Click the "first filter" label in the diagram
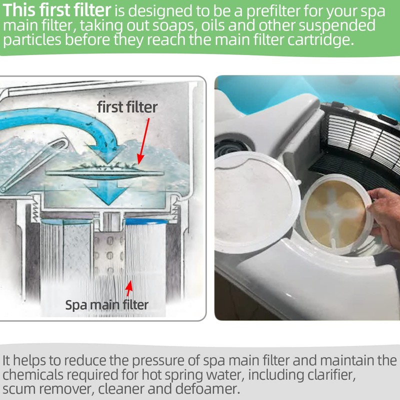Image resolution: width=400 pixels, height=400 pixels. [127, 106]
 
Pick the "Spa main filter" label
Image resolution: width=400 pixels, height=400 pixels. [107, 304]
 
